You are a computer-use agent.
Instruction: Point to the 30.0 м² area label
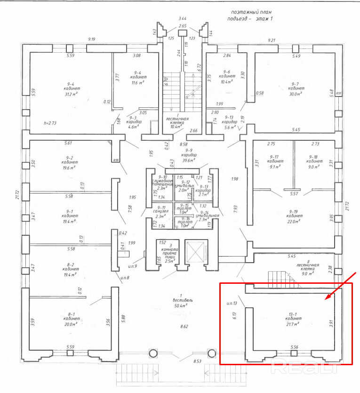coord(296,94)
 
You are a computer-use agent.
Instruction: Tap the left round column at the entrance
coord(153,353)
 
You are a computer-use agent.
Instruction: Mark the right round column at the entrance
coord(209,353)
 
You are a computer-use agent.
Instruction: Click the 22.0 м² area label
coord(296,221)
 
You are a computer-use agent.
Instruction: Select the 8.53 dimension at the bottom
coord(198,361)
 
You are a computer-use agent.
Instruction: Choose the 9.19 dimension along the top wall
coord(92,40)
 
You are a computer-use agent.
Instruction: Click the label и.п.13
coord(231,303)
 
